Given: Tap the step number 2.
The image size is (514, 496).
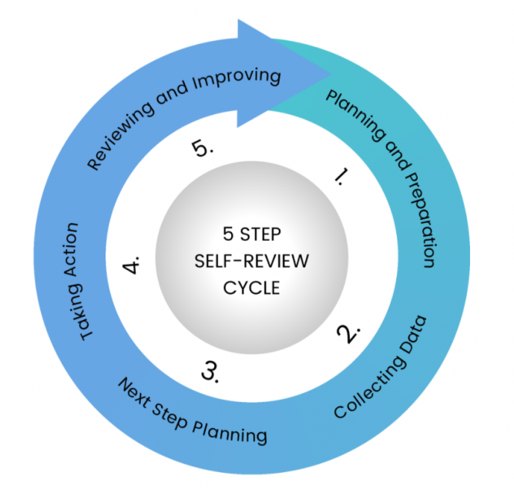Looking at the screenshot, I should pyautogui.click(x=349, y=332).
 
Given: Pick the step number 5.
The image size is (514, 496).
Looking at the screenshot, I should pyautogui.click(x=201, y=149).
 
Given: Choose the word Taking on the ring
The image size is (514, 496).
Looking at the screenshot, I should pyautogui.click(x=83, y=312).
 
